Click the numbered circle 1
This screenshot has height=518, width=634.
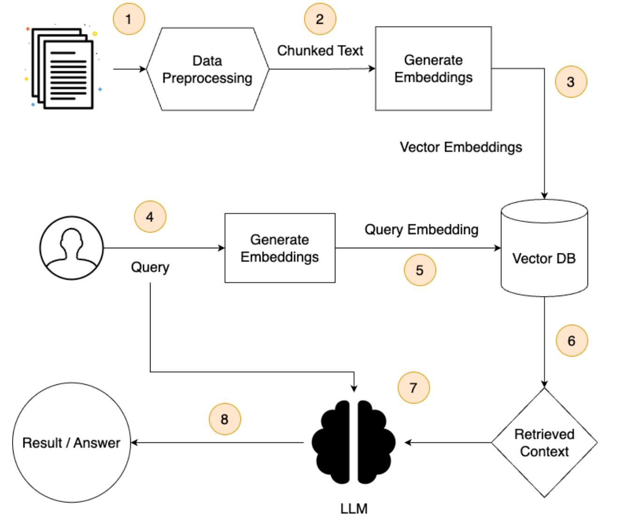tap(128, 19)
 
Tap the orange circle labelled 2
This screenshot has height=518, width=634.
tap(320, 19)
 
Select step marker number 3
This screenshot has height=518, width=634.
tap(571, 82)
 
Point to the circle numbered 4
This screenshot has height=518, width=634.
tap(150, 216)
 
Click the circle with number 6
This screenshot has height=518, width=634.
tap(572, 340)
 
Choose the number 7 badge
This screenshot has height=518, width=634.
tap(413, 387)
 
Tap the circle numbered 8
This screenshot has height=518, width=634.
tap(225, 419)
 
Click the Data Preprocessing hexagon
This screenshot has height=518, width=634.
tap(207, 69)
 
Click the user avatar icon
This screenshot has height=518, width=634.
tap(72, 248)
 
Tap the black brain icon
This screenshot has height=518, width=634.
tap(353, 442)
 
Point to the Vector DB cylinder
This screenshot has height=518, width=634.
tap(544, 248)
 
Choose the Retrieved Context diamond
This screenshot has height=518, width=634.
tap(544, 442)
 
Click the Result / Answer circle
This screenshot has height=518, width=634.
tap(72, 442)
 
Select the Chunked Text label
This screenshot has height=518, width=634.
tap(320, 50)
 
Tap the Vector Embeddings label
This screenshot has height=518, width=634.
tap(460, 147)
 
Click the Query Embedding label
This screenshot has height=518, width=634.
tap(421, 229)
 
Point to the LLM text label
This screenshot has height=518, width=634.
tap(354, 508)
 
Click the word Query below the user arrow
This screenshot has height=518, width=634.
tap(150, 267)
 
